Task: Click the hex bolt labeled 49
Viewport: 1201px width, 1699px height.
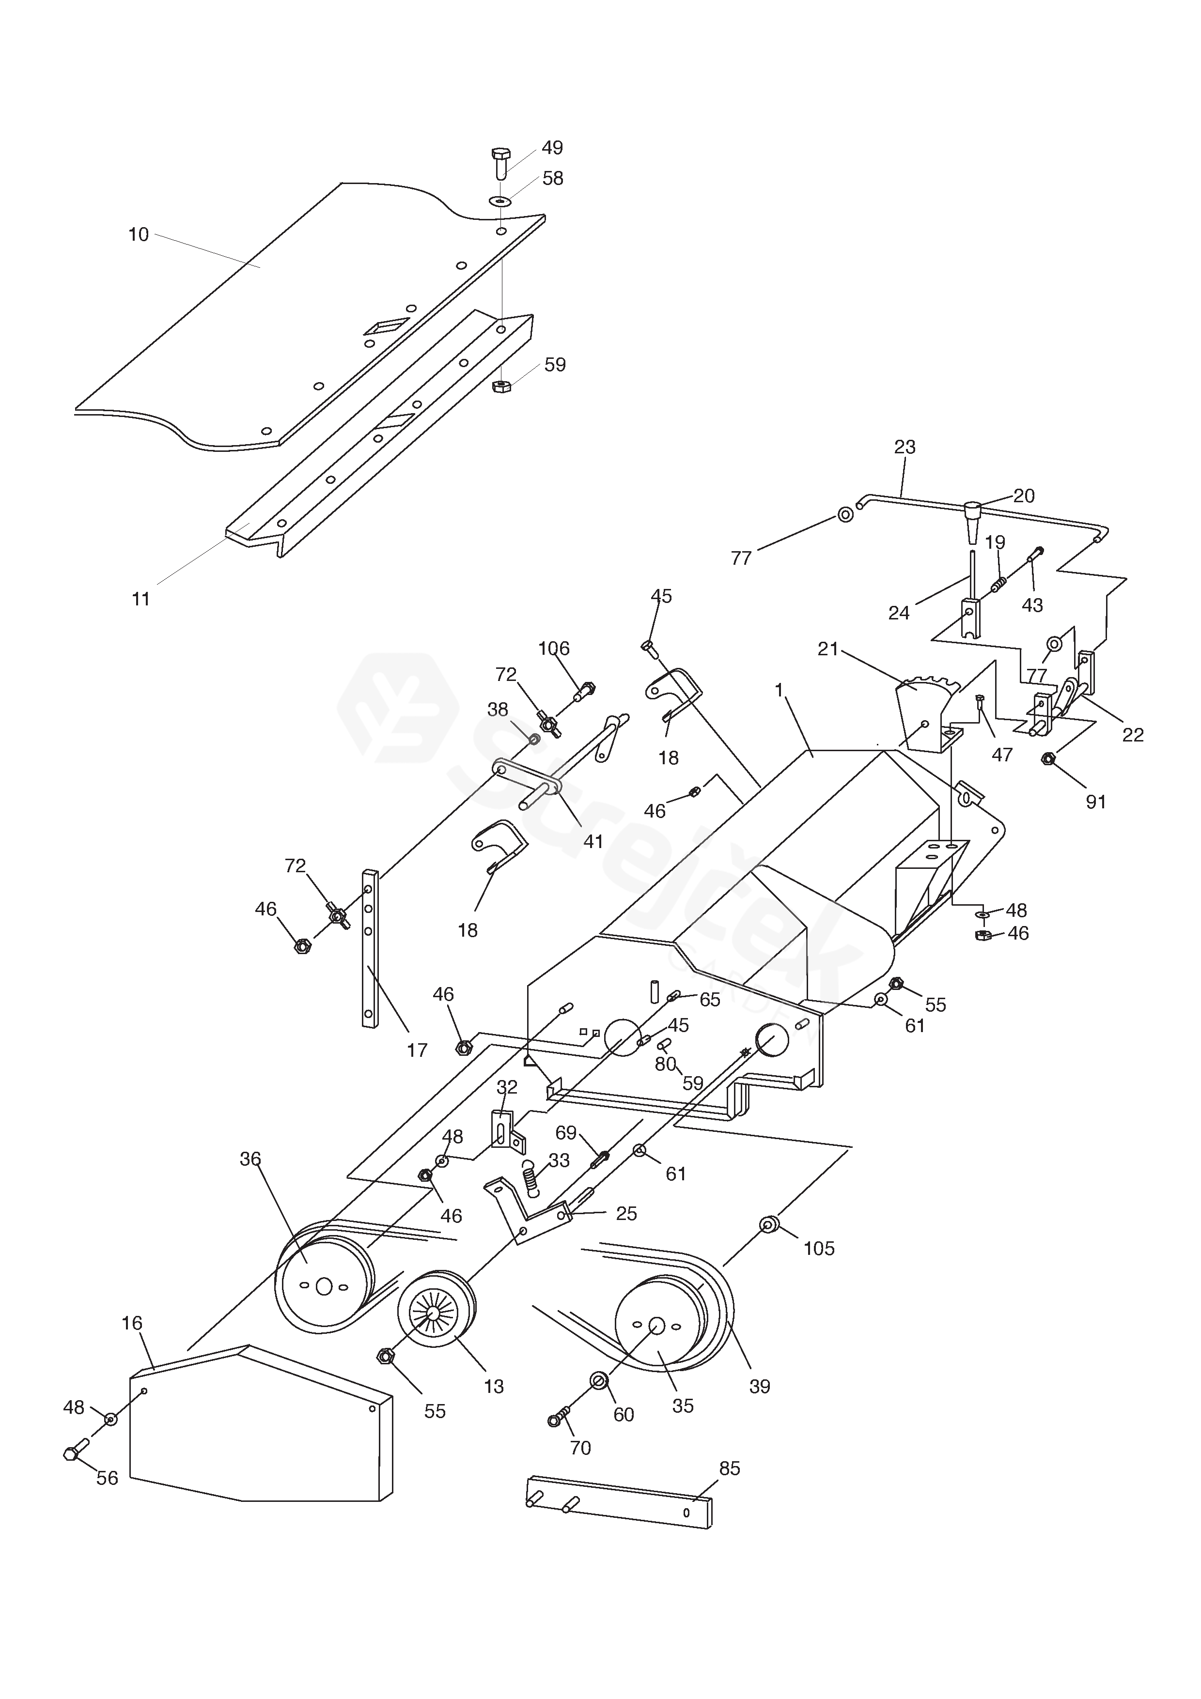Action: coord(501,163)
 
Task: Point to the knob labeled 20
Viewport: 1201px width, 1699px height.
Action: coord(972,523)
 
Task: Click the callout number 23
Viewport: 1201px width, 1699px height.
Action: coord(905,447)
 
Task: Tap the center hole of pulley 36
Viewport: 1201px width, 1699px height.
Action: coord(323,1286)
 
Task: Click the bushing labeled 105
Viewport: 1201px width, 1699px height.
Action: coord(770,1225)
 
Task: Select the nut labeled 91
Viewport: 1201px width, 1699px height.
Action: coord(1048,758)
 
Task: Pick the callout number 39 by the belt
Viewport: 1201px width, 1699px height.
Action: coord(760,1386)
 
